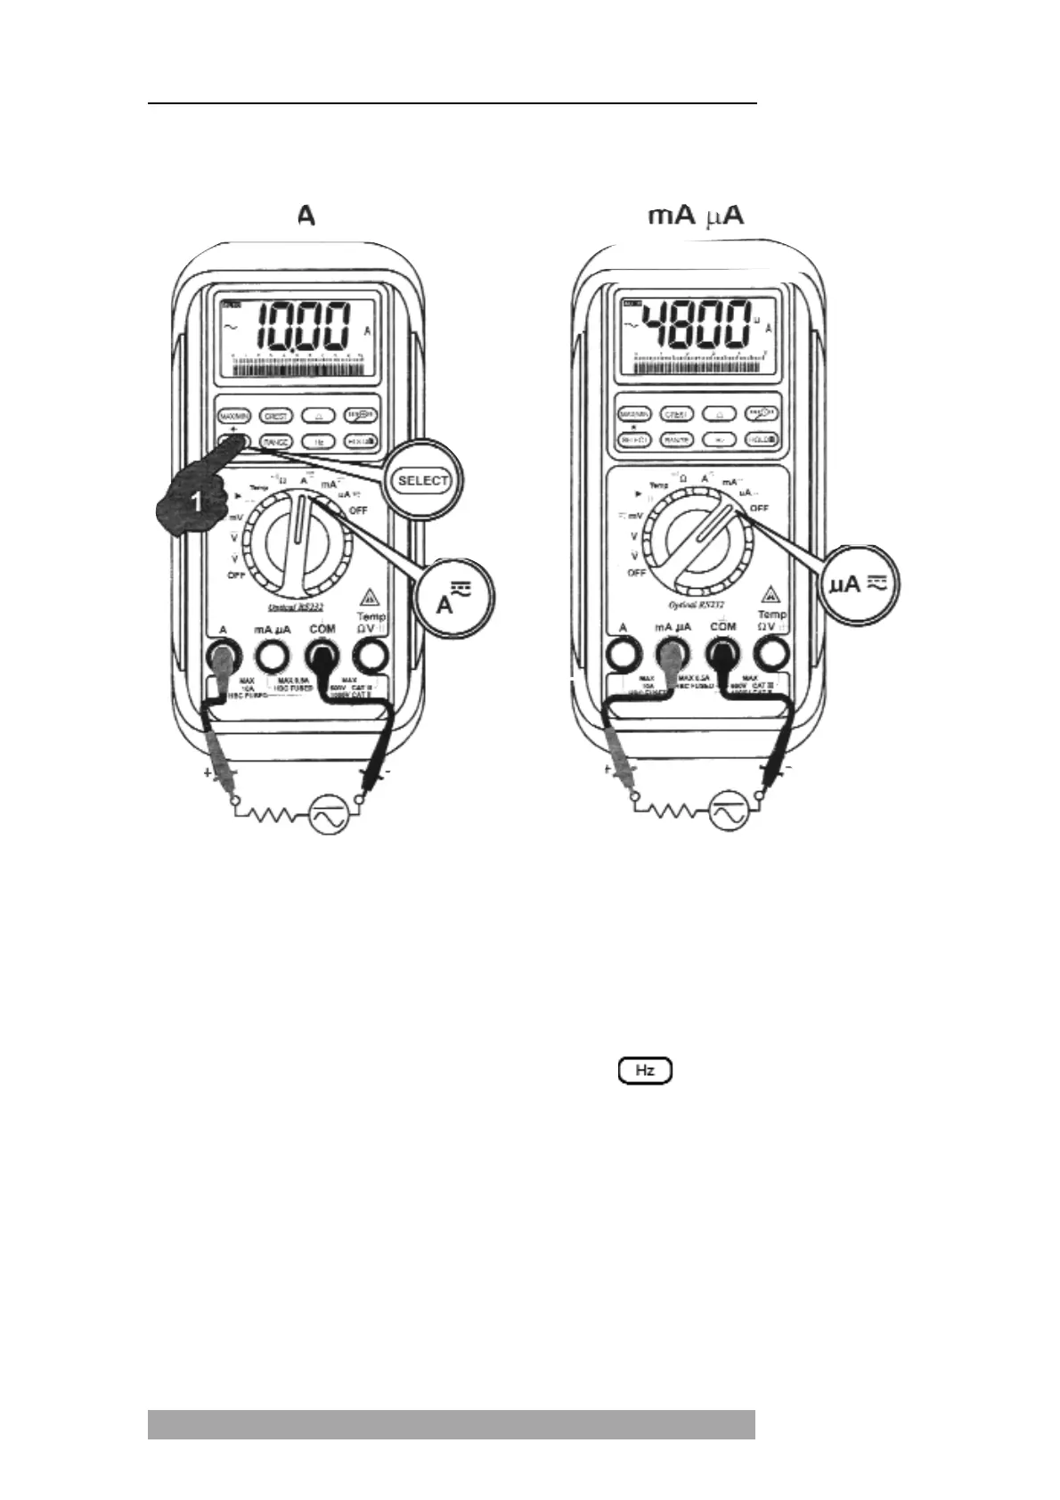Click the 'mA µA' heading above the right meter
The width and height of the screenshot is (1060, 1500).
696,216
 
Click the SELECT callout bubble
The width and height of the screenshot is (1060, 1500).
423,480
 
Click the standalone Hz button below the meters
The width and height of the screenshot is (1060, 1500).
645,1070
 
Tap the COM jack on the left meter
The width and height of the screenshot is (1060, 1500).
322,657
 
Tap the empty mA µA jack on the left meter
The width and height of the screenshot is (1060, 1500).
273,657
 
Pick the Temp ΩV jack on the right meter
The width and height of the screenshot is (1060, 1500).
771,656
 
